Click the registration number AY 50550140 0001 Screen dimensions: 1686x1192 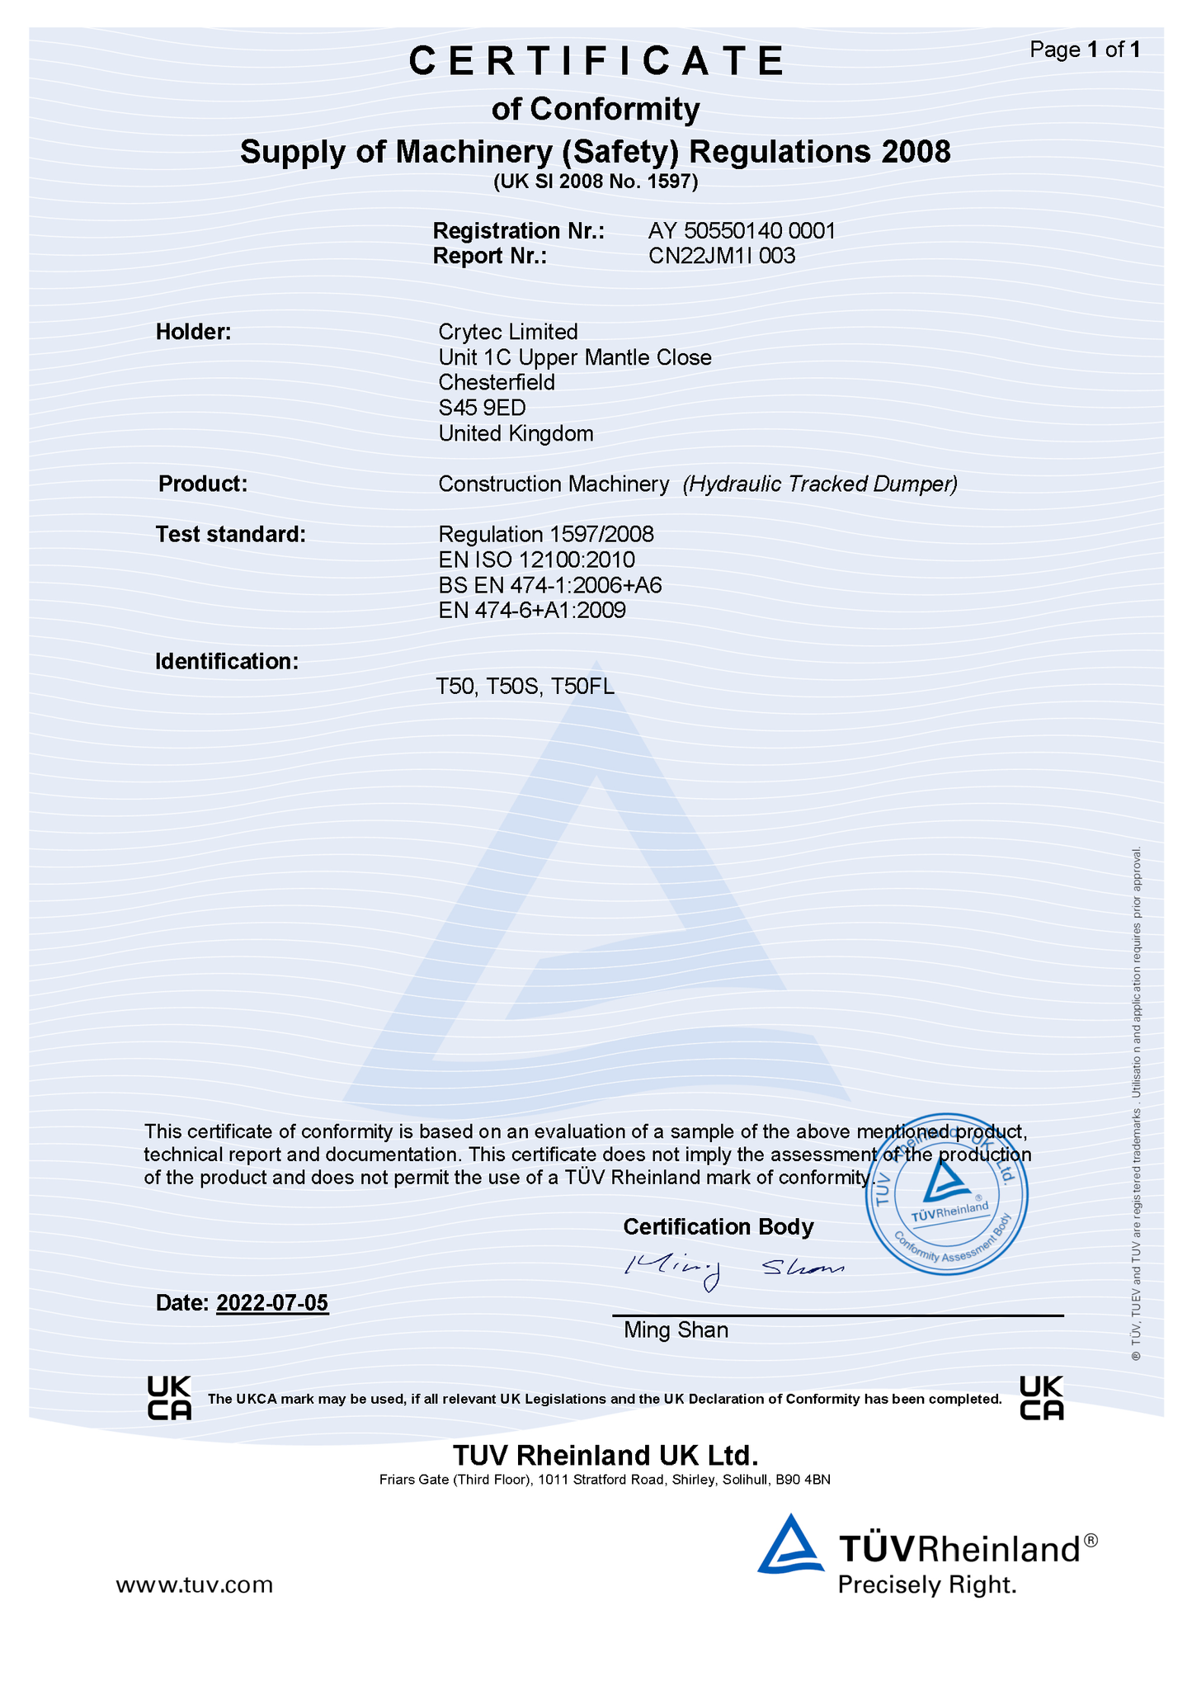coord(742,230)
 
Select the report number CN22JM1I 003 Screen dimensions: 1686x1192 coord(722,256)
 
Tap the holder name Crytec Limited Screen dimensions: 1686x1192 coord(507,332)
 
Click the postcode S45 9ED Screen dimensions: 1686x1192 coord(482,408)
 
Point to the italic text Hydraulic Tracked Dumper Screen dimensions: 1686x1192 coord(820,484)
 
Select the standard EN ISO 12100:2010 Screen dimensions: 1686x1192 coord(536,560)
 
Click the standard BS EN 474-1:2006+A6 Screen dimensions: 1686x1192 coord(550,585)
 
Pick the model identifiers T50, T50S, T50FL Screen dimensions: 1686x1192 coord(525,687)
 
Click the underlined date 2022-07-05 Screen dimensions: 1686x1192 coord(272,1303)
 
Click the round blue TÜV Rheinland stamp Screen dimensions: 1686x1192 coord(947,1195)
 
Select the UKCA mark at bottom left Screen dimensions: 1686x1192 coord(169,1398)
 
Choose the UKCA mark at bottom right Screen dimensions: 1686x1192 coord(1041,1398)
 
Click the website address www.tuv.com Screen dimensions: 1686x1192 coord(194,1584)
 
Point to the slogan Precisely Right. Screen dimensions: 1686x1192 coord(926,1584)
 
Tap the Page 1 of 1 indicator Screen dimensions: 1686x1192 coord(1085,50)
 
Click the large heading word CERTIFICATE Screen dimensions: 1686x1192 coord(596,61)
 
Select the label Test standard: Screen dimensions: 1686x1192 coord(231,534)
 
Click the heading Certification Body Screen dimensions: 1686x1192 coord(718,1227)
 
